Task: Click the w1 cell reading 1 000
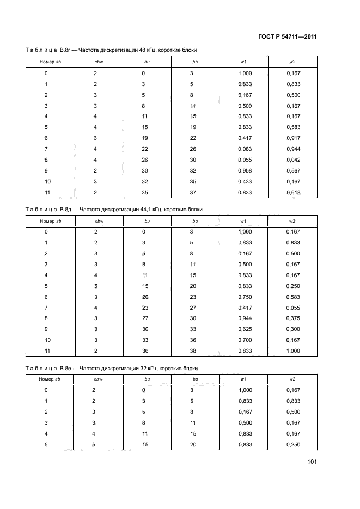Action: (x=245, y=73)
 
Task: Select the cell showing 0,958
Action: (x=245, y=170)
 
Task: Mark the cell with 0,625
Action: (x=245, y=329)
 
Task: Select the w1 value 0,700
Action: (x=245, y=340)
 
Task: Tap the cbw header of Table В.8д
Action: (x=99, y=220)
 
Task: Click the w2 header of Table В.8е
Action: (x=292, y=379)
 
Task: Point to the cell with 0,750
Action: (x=245, y=297)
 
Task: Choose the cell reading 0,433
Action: (x=245, y=181)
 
